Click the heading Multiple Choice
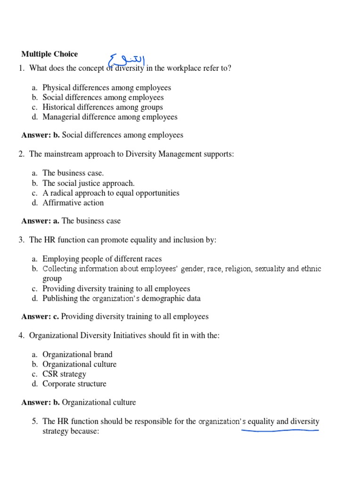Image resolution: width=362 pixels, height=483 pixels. click(x=49, y=54)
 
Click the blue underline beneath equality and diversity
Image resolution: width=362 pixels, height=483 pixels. click(x=280, y=430)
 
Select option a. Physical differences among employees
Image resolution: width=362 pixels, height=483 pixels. click(x=107, y=87)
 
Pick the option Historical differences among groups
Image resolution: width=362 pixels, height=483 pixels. click(x=102, y=107)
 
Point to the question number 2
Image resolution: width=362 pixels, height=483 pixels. click(x=21, y=154)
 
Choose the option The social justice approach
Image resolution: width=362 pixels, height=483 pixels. click(x=88, y=183)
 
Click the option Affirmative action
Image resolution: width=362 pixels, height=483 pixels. click(x=73, y=203)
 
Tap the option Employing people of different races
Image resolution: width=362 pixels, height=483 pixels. click(x=102, y=259)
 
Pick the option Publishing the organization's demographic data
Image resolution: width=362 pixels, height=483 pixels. click(x=121, y=298)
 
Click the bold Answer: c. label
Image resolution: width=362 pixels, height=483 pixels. click(x=40, y=316)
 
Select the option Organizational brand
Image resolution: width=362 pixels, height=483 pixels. click(x=77, y=354)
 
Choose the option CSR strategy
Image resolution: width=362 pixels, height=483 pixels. click(x=64, y=374)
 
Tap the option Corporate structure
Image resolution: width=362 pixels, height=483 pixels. click(x=74, y=383)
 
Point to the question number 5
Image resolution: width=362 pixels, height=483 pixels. click(x=34, y=422)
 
